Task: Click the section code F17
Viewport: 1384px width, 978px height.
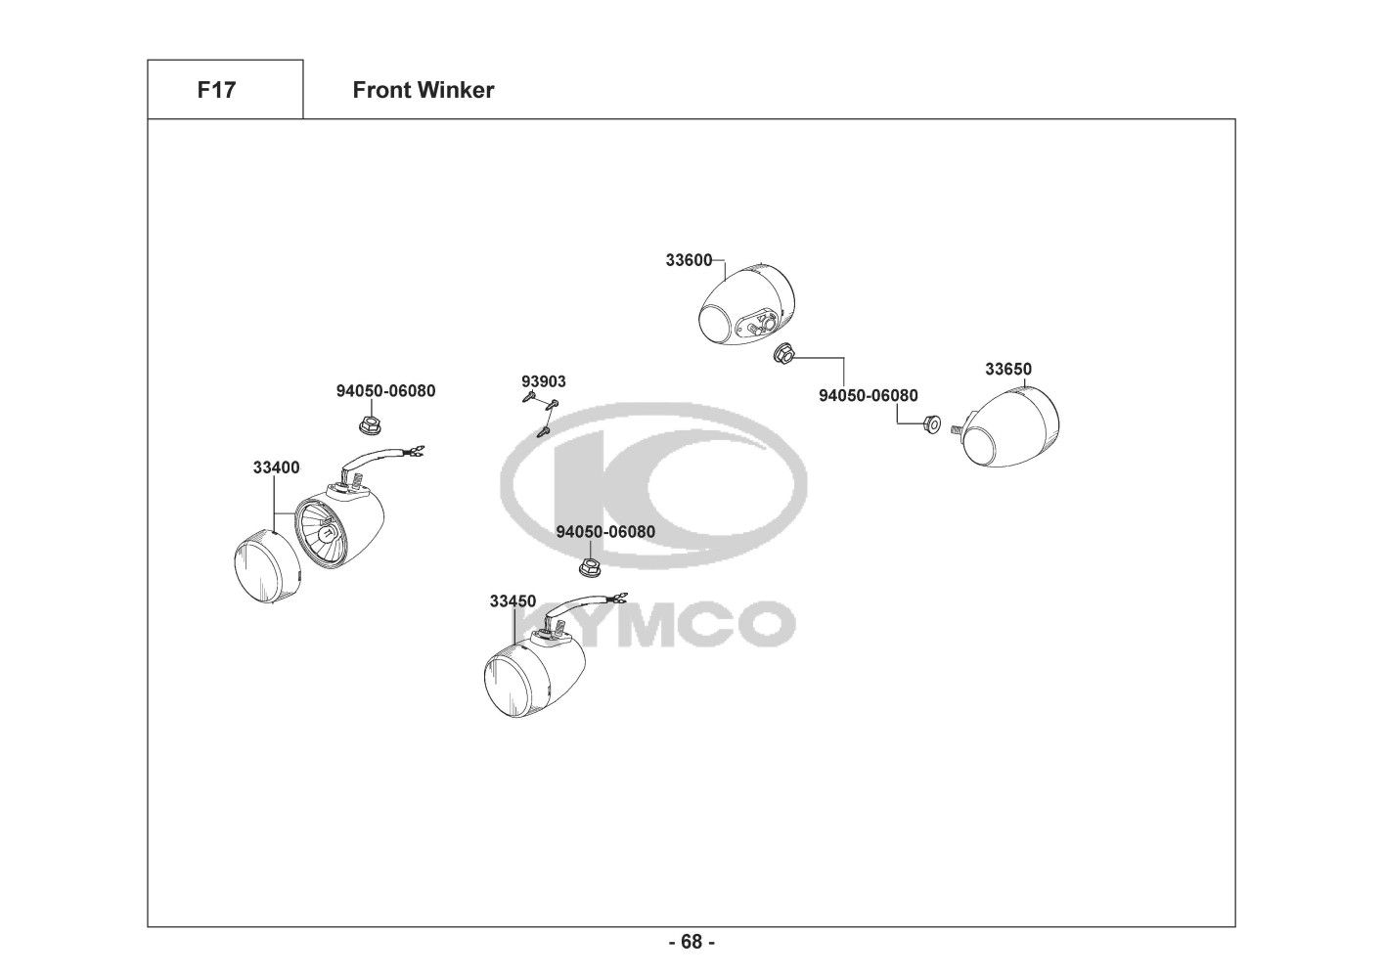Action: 216,90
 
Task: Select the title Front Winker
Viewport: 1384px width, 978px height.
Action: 423,90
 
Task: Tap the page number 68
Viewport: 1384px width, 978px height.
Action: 692,942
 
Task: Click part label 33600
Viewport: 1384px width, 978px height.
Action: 689,260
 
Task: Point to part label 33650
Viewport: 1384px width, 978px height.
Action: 1007,369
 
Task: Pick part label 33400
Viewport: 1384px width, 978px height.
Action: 276,467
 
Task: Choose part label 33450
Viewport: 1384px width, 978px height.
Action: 513,601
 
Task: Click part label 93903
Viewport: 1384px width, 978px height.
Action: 543,381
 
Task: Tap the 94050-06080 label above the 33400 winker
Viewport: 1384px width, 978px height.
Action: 385,391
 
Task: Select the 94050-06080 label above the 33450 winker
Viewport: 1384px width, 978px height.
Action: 605,531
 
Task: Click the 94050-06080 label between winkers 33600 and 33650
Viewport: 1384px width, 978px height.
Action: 868,395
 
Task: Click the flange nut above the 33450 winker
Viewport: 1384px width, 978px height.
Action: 590,566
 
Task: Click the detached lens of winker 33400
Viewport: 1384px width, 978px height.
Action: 265,564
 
